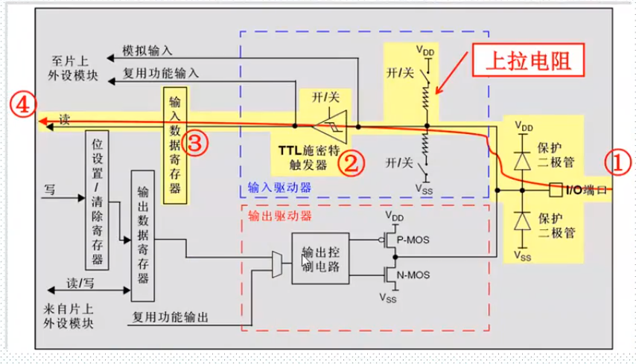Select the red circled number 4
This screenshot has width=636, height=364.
click(x=24, y=106)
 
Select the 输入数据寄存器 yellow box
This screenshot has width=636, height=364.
click(x=174, y=144)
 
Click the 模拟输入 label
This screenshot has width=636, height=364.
click(x=147, y=51)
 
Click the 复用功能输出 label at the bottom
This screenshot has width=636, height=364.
click(x=171, y=317)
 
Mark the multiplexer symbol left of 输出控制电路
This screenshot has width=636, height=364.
click(x=277, y=261)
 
